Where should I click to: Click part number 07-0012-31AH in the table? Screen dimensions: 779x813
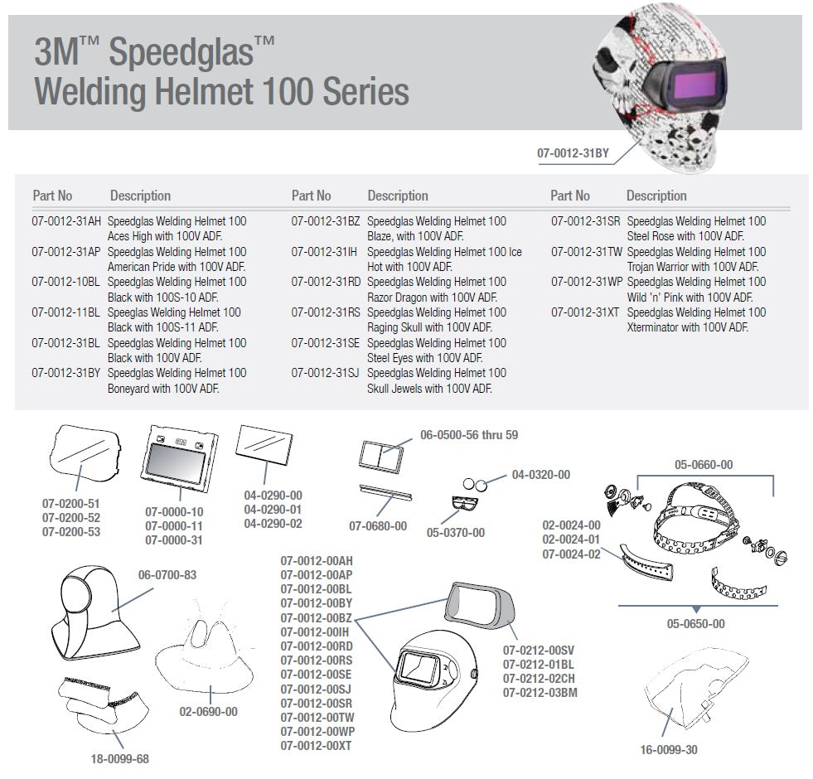(66, 221)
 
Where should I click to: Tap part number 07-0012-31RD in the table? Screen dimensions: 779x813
(326, 282)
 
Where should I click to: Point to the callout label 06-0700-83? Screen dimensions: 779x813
(167, 574)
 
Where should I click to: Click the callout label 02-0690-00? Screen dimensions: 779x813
(208, 711)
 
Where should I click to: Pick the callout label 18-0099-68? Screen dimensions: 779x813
(119, 757)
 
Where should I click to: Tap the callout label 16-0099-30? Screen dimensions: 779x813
(668, 750)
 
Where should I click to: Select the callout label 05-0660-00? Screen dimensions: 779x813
(704, 465)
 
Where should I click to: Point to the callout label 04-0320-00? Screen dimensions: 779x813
(540, 475)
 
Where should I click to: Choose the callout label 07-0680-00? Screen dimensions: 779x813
(378, 525)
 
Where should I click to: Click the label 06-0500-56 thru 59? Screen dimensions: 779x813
(469, 435)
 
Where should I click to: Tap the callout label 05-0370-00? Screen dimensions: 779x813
(456, 532)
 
